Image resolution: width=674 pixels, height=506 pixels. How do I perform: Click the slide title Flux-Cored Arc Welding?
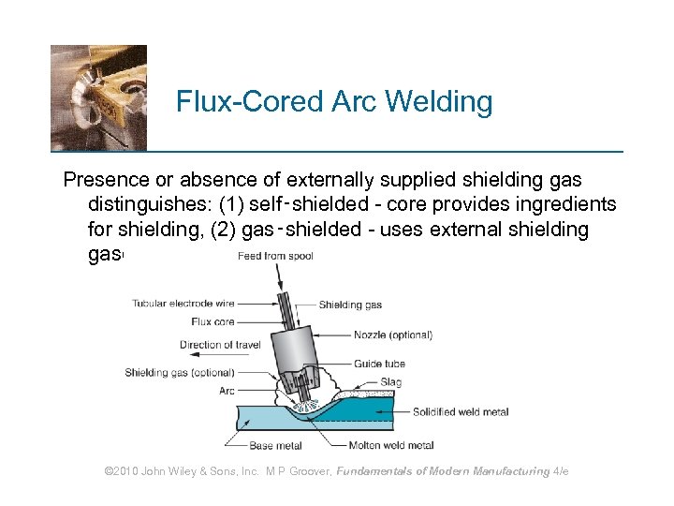pos(334,101)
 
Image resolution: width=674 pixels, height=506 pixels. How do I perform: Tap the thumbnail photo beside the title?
pos(98,97)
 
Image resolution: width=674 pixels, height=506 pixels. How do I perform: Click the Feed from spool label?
pos(274,256)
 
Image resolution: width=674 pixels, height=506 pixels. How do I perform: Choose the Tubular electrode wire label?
pos(183,304)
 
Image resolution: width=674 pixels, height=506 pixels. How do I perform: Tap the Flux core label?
pos(212,321)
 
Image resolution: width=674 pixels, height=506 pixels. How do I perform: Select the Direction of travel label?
pos(220,345)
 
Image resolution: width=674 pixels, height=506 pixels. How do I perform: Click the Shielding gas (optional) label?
pos(180,373)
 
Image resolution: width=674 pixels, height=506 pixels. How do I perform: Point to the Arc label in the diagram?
pos(226,391)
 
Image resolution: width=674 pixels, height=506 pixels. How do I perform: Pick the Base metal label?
pos(275,445)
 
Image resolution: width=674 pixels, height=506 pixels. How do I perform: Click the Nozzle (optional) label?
pos(393,335)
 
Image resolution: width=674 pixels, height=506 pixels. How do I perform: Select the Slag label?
pos(392,382)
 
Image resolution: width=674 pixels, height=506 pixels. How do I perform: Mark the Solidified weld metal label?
pos(461,412)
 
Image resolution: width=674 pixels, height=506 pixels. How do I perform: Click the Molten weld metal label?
pos(391,445)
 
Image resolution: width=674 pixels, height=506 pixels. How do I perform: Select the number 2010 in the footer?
pos(128,471)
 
